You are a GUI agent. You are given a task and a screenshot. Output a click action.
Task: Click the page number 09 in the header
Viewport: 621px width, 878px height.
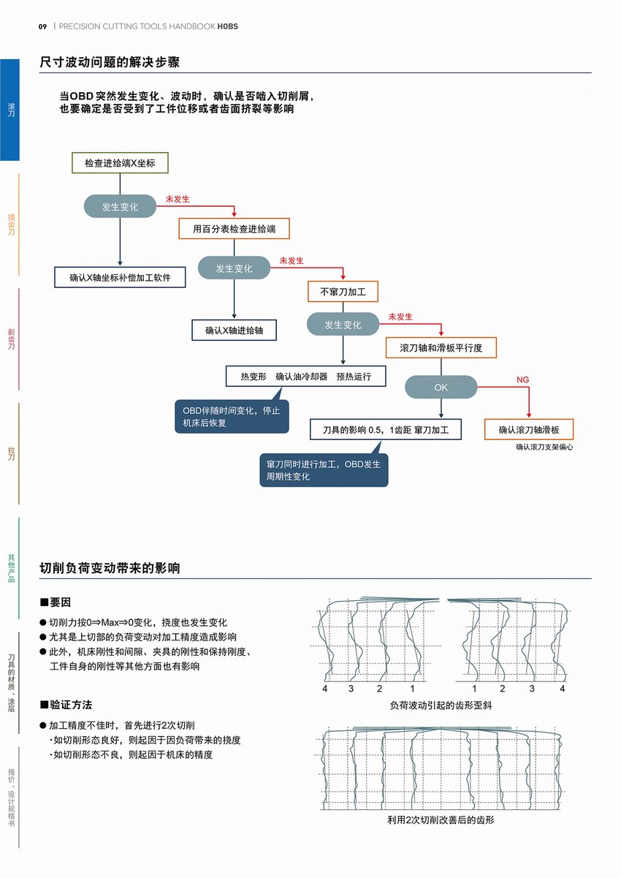click(42, 26)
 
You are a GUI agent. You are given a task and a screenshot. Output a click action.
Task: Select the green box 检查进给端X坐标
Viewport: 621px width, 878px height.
click(120, 163)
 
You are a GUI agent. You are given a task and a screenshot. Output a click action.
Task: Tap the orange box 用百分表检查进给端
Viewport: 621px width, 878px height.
click(234, 229)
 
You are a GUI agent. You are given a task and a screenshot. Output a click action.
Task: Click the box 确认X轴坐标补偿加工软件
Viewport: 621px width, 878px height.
click(120, 277)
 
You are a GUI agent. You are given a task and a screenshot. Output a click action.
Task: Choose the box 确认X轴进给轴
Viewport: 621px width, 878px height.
click(234, 330)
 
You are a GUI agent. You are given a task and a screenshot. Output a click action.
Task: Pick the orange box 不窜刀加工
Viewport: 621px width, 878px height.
click(343, 292)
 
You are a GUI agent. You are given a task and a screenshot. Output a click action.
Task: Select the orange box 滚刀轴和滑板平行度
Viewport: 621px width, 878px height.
click(441, 348)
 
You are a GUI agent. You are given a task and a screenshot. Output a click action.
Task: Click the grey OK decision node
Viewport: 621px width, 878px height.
click(441, 387)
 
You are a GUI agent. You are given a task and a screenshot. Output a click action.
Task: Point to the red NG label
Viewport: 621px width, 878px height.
click(522, 379)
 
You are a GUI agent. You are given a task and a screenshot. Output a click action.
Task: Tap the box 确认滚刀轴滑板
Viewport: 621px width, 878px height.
click(529, 429)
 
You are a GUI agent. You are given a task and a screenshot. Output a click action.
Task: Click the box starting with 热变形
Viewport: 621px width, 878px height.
click(306, 376)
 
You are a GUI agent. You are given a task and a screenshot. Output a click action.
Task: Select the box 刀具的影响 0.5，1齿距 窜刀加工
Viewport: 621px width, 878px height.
click(386, 429)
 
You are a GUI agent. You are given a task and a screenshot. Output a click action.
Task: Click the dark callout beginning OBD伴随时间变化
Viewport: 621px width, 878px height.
click(231, 417)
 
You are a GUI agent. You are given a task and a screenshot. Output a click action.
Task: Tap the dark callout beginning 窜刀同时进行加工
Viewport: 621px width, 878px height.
click(323, 471)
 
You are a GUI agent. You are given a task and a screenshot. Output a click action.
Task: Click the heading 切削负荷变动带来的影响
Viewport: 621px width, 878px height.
click(110, 568)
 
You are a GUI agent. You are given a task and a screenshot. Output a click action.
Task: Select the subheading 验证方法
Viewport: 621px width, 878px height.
click(70, 705)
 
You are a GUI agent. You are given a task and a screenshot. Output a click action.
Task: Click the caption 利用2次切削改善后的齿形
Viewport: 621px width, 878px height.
click(441, 820)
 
